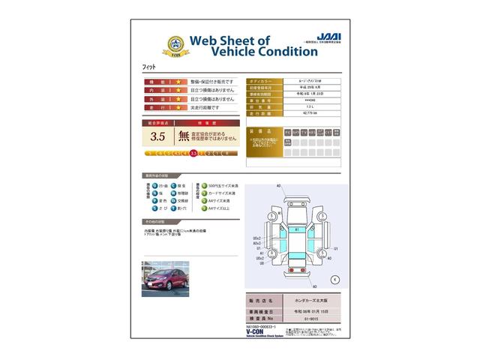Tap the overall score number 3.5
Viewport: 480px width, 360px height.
click(157, 136)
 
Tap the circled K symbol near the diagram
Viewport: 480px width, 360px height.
click(335, 279)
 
